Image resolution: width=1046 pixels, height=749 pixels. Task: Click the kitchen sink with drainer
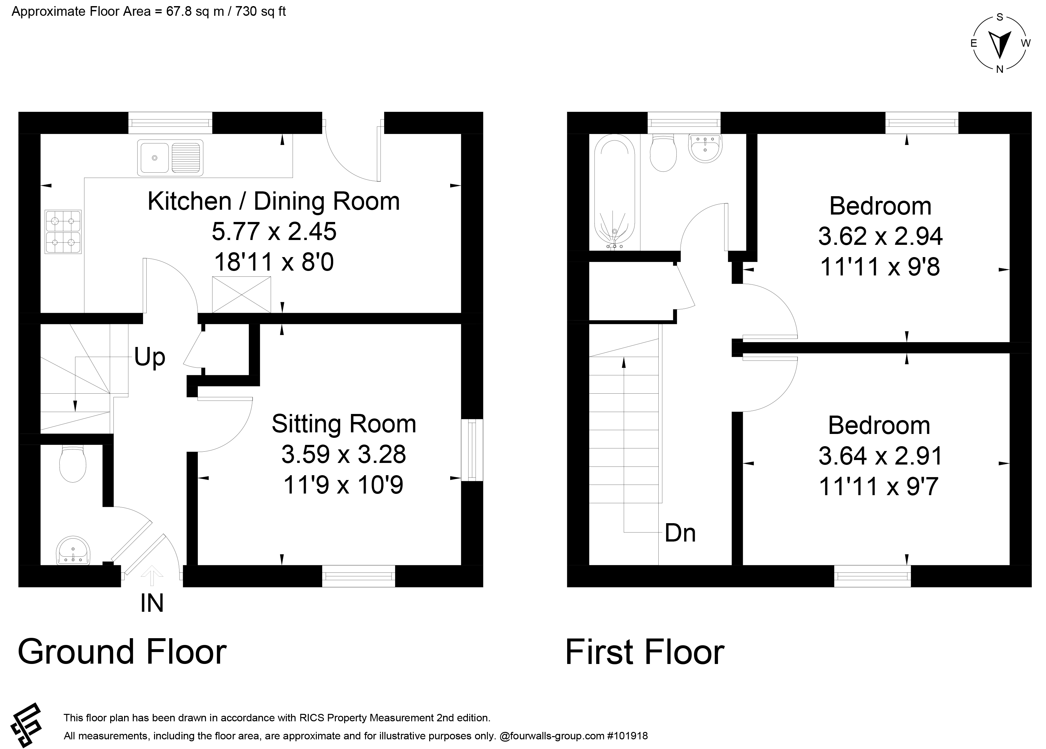pos(170,158)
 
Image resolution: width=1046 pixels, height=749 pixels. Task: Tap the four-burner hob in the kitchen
pos(63,232)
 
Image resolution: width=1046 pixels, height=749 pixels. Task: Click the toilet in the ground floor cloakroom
pos(73,464)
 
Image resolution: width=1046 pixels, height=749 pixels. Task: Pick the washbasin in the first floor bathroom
pos(705,149)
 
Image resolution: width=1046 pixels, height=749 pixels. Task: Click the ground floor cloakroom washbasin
pos(73,550)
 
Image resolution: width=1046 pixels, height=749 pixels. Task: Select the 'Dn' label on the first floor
pos(680,533)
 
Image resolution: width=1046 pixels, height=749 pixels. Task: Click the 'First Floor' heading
pos(645,652)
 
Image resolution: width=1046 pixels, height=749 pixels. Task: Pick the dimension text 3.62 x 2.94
pos(880,236)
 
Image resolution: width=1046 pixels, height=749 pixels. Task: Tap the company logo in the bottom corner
pos(26,725)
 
